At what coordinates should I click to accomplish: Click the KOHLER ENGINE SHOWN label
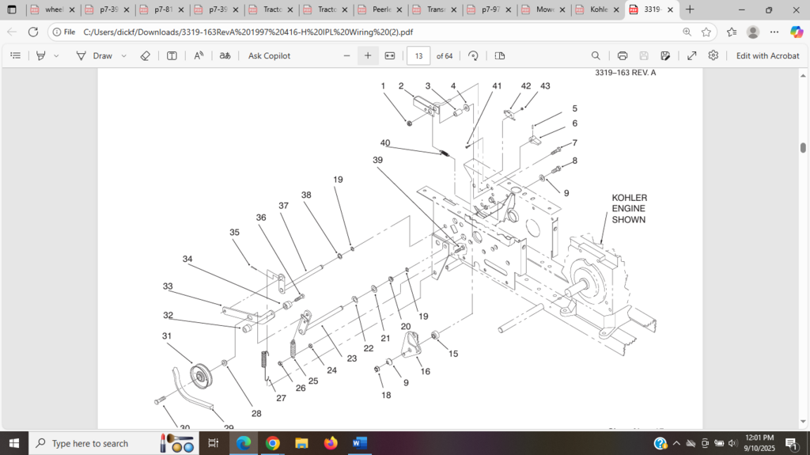click(x=629, y=208)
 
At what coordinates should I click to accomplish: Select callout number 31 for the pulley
click(x=167, y=336)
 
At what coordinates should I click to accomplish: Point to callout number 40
click(x=385, y=143)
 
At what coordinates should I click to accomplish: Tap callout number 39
click(x=377, y=160)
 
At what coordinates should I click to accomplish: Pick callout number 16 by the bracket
click(x=426, y=371)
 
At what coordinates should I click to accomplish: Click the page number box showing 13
click(x=418, y=56)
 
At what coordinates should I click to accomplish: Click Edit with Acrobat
click(x=767, y=56)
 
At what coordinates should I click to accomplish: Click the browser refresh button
click(x=33, y=32)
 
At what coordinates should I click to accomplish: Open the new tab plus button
click(x=690, y=9)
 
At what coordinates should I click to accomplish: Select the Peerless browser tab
click(x=381, y=9)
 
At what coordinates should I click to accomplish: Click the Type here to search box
click(x=90, y=443)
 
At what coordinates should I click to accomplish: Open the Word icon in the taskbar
click(x=360, y=443)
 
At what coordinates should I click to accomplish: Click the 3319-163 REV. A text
click(x=625, y=73)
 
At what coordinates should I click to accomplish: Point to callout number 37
click(x=283, y=206)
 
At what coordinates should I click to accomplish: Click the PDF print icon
click(x=623, y=56)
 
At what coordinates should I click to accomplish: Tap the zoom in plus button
click(x=368, y=56)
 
